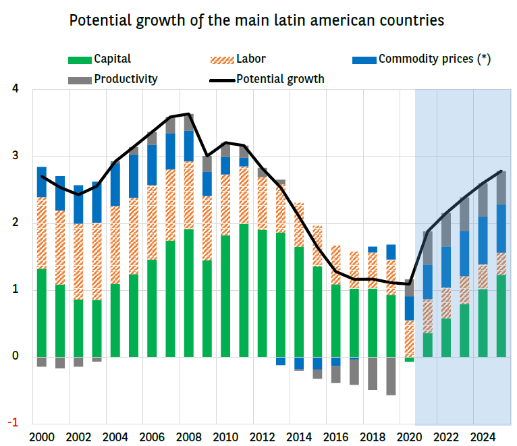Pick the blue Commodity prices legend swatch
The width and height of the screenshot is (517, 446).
[x=364, y=60]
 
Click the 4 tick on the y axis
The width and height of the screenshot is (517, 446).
[x=15, y=89]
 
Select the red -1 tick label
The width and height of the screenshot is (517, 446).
[x=13, y=423]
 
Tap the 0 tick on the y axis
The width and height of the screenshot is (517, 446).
[x=15, y=356]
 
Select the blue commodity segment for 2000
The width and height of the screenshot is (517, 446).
[x=42, y=182]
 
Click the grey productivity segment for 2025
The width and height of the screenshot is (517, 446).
[x=501, y=188]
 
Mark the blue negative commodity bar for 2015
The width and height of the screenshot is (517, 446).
[x=317, y=363]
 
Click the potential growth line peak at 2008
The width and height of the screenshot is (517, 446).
[x=189, y=114]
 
